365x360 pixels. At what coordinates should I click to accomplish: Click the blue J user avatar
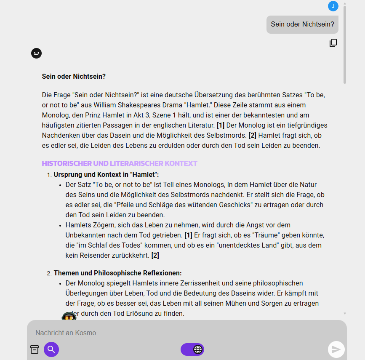click(333, 6)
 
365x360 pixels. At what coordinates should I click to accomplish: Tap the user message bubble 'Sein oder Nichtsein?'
click(302, 24)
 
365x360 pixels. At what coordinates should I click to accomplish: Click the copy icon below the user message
click(333, 43)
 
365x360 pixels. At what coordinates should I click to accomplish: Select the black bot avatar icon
click(36, 53)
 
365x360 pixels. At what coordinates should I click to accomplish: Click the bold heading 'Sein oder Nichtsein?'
click(74, 77)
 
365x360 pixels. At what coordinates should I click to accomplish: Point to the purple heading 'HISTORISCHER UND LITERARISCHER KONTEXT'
click(120, 163)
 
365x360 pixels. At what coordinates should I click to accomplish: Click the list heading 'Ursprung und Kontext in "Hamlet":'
click(106, 174)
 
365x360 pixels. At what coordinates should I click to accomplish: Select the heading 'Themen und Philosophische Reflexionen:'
click(117, 273)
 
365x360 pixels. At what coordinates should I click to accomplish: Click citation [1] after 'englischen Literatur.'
click(220, 125)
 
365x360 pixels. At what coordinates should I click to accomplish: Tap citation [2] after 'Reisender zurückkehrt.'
click(155, 255)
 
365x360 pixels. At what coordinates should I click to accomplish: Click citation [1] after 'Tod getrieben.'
click(188, 235)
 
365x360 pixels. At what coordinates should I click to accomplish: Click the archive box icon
click(35, 349)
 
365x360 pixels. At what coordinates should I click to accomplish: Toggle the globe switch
click(192, 349)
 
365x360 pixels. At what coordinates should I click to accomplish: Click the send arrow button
click(336, 349)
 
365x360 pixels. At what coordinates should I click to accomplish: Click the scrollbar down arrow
click(345, 314)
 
